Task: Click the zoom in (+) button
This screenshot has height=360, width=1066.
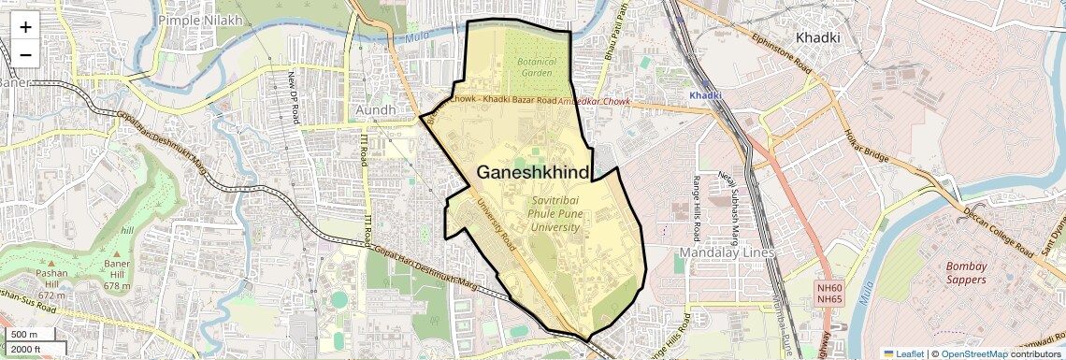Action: click(x=25, y=27)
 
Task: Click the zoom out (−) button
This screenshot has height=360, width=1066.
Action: click(x=25, y=54)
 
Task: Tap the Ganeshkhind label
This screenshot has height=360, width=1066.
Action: click(x=533, y=173)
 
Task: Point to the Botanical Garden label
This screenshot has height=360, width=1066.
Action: click(x=536, y=67)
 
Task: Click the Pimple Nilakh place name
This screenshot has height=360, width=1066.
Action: click(x=201, y=19)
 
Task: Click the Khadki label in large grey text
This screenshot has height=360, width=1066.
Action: click(x=817, y=37)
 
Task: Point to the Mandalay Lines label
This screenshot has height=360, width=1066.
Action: click(x=724, y=252)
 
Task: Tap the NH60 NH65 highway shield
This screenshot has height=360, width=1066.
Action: click(x=829, y=293)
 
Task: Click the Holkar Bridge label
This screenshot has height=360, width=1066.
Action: click(x=867, y=149)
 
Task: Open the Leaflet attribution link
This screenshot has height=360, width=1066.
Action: click(x=903, y=353)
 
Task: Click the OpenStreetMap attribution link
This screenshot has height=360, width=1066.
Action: click(x=973, y=353)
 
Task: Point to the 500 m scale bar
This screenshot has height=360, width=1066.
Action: click(x=24, y=335)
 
